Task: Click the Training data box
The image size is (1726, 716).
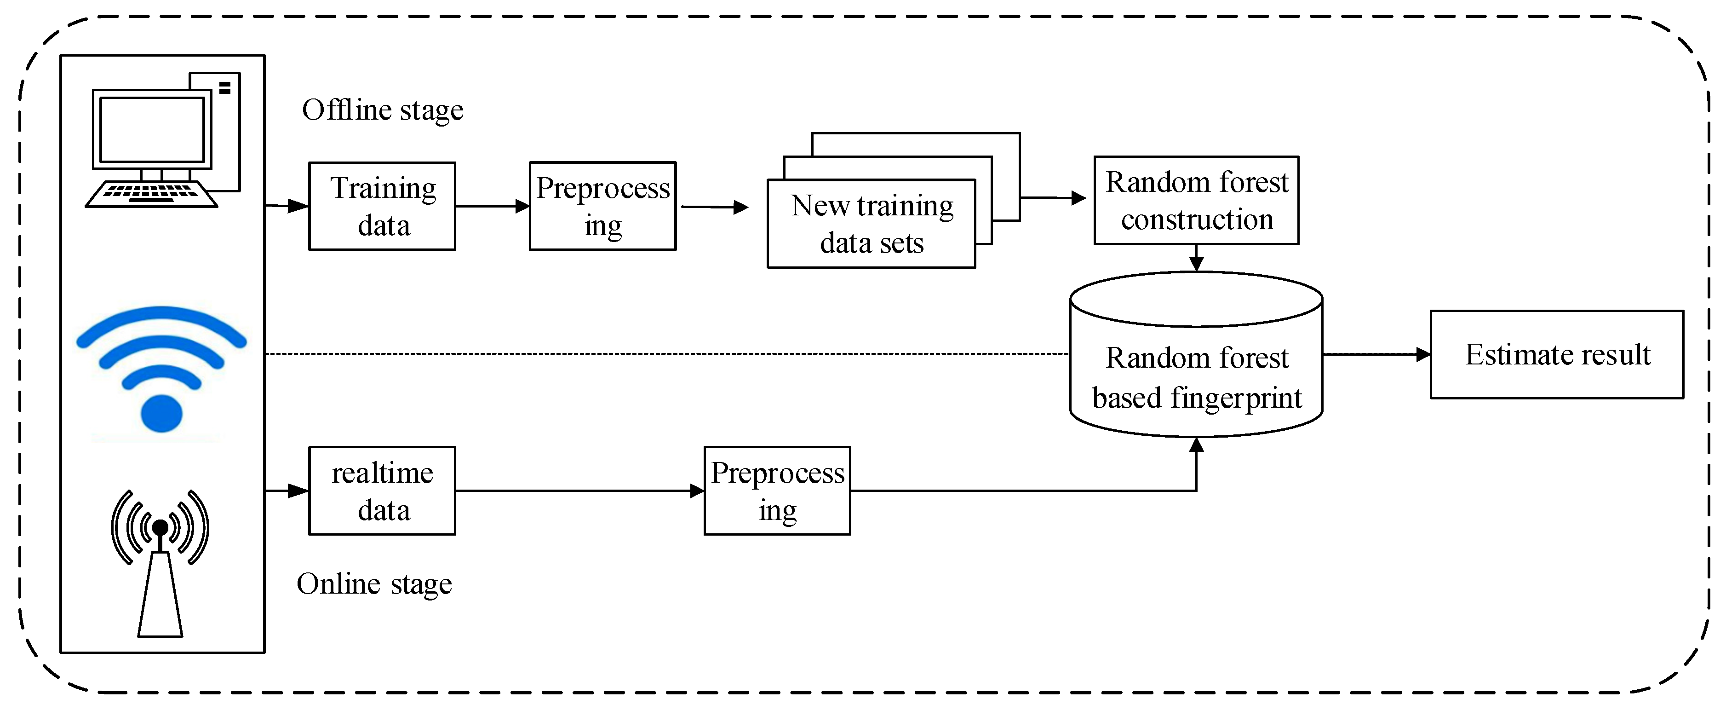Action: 382,207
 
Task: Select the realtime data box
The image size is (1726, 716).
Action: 382,491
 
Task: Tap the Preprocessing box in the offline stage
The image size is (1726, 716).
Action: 602,207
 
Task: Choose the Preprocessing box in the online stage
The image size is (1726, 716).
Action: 777,491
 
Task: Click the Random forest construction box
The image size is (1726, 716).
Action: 1196,201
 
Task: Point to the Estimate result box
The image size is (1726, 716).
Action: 1556,355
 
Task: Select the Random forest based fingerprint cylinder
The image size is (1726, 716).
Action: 1196,375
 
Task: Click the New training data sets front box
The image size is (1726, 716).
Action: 871,224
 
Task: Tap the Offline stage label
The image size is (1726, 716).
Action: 383,110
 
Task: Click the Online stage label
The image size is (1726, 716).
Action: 374,584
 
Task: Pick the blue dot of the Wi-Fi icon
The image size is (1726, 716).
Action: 161,414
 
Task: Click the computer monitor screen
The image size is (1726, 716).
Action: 152,129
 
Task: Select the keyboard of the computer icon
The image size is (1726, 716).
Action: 151,194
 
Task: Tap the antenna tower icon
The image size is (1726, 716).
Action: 160,583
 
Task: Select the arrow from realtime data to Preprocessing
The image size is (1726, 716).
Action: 579,491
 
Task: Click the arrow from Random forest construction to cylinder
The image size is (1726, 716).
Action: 1196,258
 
